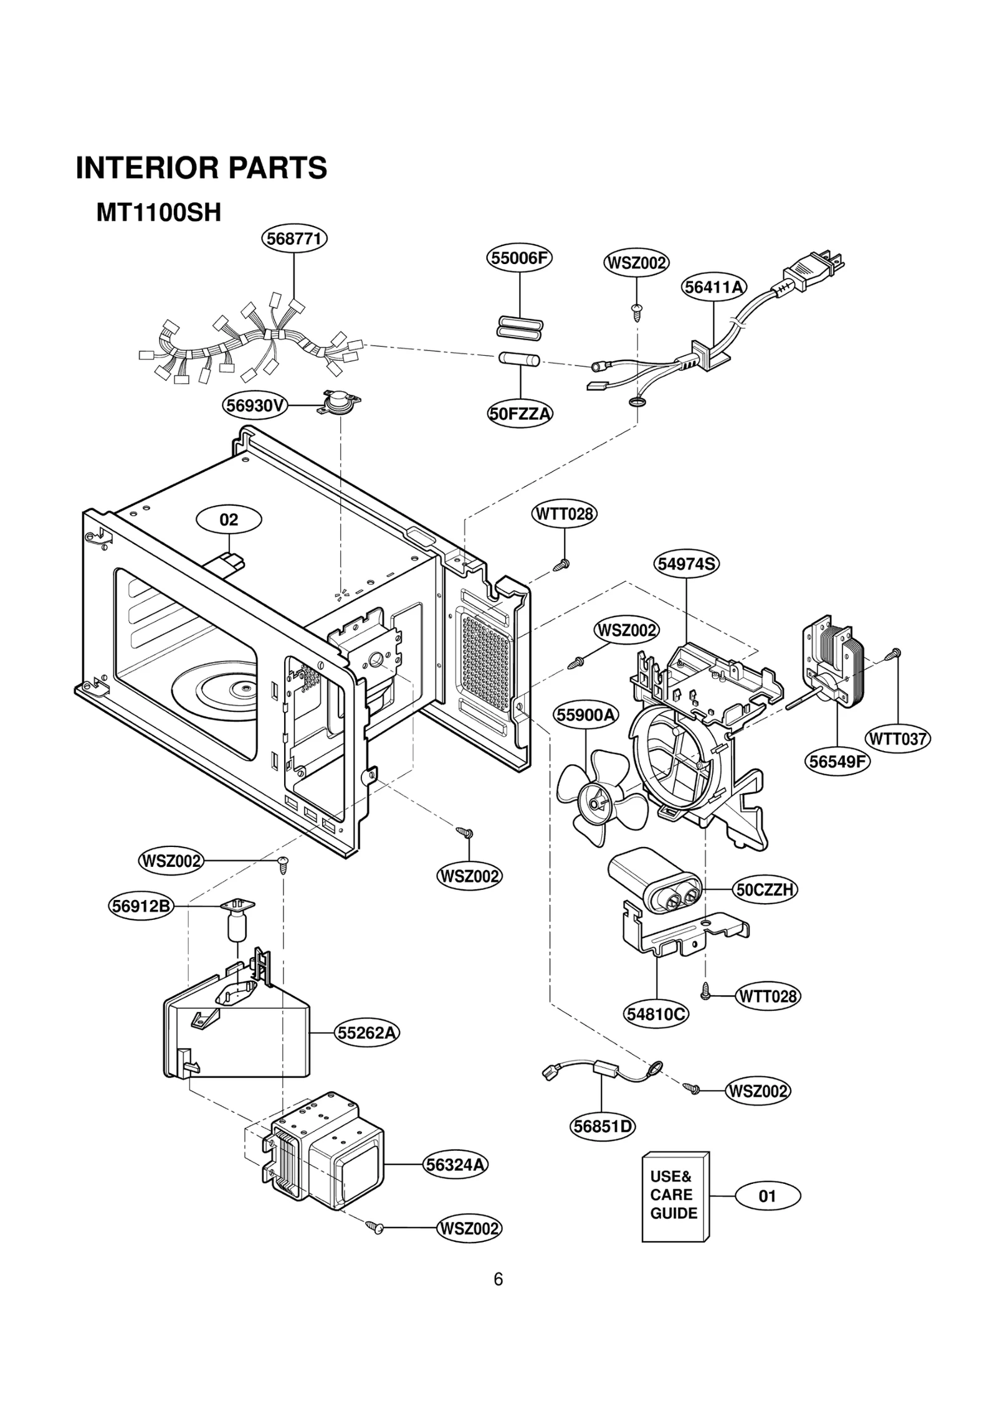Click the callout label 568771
point(294,239)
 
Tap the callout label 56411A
point(713,287)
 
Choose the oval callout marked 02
point(229,519)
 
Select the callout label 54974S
point(687,564)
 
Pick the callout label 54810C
point(656,1015)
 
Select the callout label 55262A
point(366,1033)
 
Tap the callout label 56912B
point(140,906)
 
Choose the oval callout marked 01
point(768,1196)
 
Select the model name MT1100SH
point(159,213)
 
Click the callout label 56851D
point(603,1126)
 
